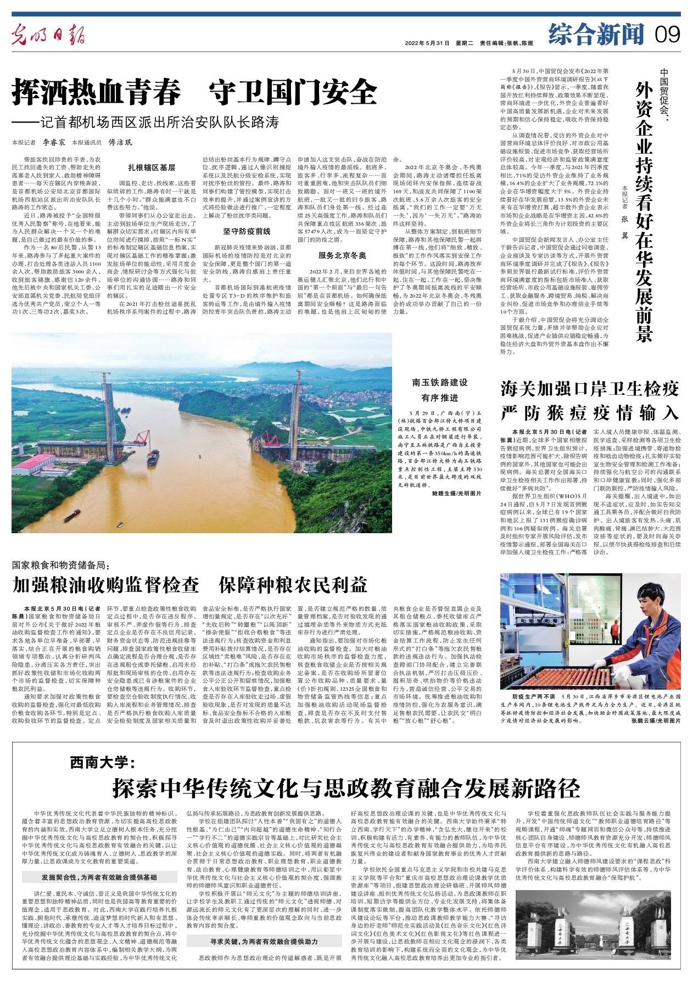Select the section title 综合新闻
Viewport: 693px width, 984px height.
(x=595, y=35)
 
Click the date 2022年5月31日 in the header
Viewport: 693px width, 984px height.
(x=427, y=43)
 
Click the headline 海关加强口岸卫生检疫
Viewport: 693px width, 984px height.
(x=590, y=390)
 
